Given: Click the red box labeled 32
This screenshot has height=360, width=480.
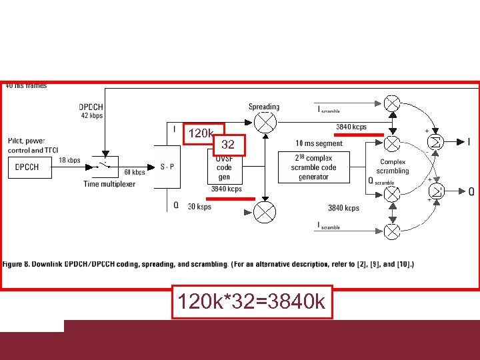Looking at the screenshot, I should (228, 144).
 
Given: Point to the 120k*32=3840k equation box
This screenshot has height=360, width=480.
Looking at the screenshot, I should (251, 302).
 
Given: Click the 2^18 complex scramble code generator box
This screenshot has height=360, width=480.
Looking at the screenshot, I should (313, 167).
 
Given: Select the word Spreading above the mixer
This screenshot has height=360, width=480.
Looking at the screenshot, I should (264, 107).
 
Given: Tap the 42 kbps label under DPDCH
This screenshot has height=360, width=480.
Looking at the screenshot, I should (91, 116).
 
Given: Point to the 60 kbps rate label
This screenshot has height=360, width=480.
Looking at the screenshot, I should (135, 173).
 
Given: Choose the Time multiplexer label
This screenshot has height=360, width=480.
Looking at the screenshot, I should (109, 183).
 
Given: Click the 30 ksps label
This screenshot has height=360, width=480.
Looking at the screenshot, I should (199, 207).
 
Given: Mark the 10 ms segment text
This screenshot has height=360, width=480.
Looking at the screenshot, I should (319, 144).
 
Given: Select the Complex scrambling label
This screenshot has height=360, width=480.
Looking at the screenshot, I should (393, 166).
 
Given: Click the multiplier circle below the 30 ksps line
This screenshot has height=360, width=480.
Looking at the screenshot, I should (266, 213).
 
